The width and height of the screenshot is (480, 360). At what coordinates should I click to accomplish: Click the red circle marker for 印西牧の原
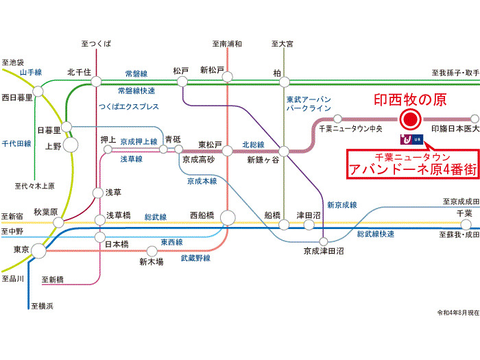pyautogui.click(x=409, y=120)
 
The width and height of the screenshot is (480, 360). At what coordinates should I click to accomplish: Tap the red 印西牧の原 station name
pyautogui.click(x=409, y=100)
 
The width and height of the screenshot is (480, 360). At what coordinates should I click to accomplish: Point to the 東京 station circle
pyautogui.click(x=38, y=251)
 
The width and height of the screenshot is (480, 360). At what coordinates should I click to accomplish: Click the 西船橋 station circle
pyautogui.click(x=228, y=218)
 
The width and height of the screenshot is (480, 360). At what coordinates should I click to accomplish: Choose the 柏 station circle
pyautogui.click(x=283, y=82)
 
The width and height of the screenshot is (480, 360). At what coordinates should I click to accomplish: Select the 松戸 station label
pyautogui.click(x=181, y=70)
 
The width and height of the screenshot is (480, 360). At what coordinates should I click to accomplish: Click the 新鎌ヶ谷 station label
pyautogui.click(x=263, y=160)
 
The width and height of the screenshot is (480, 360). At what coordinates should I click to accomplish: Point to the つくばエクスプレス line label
pyautogui.click(x=128, y=107)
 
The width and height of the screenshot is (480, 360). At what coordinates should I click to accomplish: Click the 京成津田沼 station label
pyautogui.click(x=324, y=252)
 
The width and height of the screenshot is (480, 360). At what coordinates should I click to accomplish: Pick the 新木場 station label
pyautogui.click(x=151, y=261)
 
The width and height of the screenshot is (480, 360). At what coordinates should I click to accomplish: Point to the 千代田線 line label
pyautogui.click(x=15, y=143)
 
